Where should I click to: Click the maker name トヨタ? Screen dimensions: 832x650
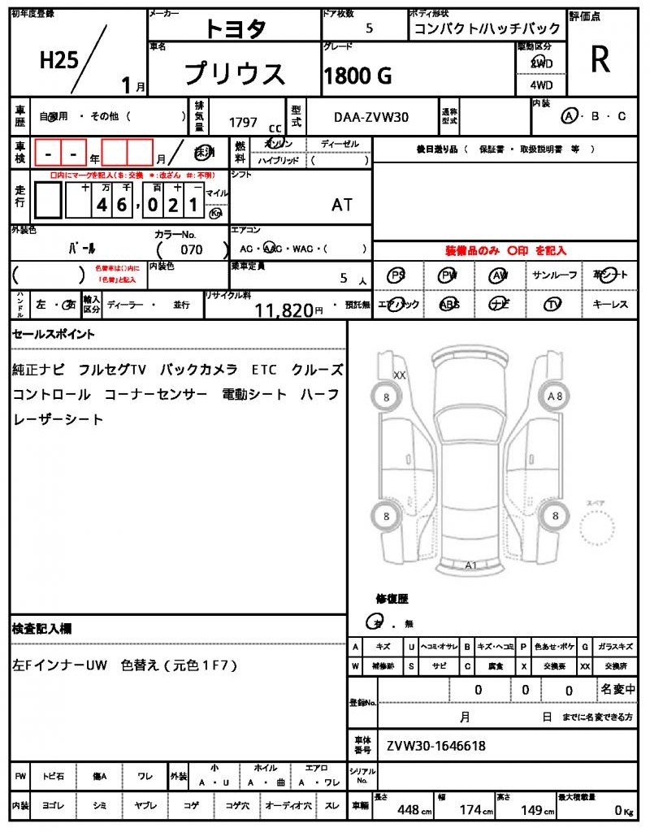[x=234, y=28]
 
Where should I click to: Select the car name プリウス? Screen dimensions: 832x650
[x=235, y=74]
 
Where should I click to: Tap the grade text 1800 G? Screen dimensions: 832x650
[x=358, y=76]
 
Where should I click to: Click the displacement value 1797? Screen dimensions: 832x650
[x=243, y=123]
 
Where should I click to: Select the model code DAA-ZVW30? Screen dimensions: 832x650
[x=372, y=117]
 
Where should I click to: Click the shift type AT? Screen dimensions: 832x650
[x=342, y=205]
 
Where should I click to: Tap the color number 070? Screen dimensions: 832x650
[x=192, y=249]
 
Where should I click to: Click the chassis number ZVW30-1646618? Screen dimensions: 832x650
[x=436, y=745]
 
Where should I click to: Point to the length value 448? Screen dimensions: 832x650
[x=408, y=810]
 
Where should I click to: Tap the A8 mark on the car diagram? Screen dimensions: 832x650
[x=556, y=396]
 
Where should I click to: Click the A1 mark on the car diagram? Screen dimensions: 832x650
[x=471, y=565]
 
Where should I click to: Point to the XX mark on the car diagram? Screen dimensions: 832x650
[x=399, y=375]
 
